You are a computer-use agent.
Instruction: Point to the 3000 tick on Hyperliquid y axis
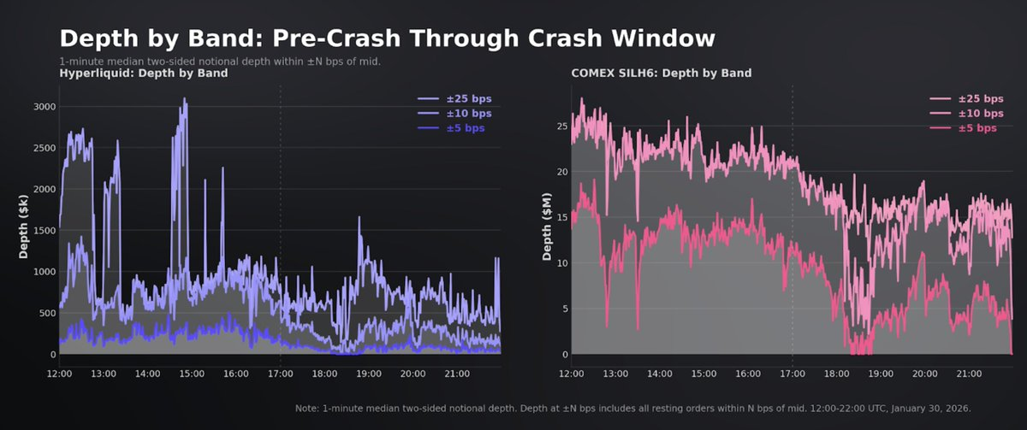tap(44, 107)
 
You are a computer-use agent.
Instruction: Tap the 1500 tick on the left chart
tap(44, 231)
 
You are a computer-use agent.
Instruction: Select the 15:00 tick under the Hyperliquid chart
tap(192, 374)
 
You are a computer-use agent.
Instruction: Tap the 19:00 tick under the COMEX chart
tap(880, 374)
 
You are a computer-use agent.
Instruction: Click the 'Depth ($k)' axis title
tap(24, 231)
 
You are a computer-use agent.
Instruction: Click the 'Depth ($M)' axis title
tap(546, 231)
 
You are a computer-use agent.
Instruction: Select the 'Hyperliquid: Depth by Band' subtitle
tap(143, 74)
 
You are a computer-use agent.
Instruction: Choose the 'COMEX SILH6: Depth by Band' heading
tap(658, 74)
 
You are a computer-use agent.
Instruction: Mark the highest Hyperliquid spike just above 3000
tap(184, 100)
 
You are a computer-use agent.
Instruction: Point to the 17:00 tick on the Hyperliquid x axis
tap(280, 374)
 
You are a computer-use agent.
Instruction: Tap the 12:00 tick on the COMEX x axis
tap(572, 374)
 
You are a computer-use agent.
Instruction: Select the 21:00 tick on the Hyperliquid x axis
tap(456, 374)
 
